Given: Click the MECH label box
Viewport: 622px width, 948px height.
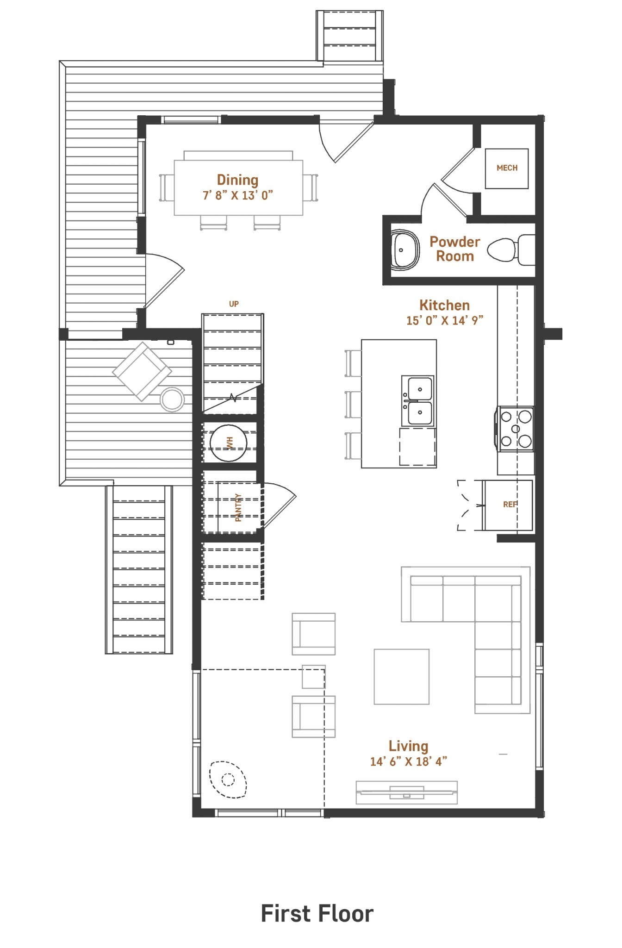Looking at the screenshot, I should coord(507,168).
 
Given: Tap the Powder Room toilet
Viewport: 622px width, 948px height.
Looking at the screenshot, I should coord(510,250).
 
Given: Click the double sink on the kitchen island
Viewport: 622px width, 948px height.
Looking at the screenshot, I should coord(418,400).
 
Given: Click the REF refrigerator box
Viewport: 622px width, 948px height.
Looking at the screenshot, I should coord(508,505).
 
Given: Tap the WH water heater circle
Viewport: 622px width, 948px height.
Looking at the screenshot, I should coord(229,443).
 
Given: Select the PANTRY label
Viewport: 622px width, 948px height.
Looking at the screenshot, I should coord(238,507).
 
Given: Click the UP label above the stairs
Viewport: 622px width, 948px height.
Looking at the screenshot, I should coord(234,304).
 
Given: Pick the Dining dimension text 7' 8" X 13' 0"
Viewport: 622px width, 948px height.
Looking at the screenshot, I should coord(238,195).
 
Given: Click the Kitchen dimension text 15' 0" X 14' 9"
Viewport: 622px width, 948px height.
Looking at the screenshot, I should coord(445,320).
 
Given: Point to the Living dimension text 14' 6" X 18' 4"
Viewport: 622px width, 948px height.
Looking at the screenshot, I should coord(408,761).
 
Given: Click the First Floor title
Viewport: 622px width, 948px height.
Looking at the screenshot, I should coord(317,914).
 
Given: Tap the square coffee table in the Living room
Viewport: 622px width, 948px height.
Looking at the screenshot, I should coord(401,676).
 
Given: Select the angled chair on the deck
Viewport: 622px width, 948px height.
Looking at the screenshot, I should coord(142,371).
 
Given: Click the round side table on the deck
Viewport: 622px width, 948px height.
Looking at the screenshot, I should coord(172,399).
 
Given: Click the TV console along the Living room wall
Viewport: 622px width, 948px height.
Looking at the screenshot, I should coord(406,792).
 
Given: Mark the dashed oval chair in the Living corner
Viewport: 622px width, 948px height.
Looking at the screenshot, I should coord(228,780).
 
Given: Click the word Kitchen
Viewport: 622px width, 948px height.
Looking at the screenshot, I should coord(444,306).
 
